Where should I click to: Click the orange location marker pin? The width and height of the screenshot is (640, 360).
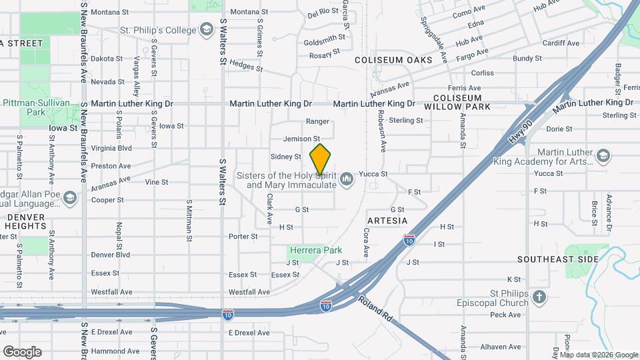click(321, 159)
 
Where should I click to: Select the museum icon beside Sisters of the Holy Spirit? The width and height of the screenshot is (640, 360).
click(346, 179)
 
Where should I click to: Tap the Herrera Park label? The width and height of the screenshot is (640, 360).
click(315, 250)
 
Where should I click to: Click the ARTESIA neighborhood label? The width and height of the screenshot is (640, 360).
click(387, 220)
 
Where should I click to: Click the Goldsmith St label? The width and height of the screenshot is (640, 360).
click(324, 42)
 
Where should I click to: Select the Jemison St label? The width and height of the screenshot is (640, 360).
click(297, 139)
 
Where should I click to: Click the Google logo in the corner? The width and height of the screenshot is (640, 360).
click(22, 351)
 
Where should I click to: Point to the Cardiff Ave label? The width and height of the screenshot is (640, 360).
click(561, 43)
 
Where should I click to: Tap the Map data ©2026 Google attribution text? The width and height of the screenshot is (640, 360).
click(599, 355)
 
